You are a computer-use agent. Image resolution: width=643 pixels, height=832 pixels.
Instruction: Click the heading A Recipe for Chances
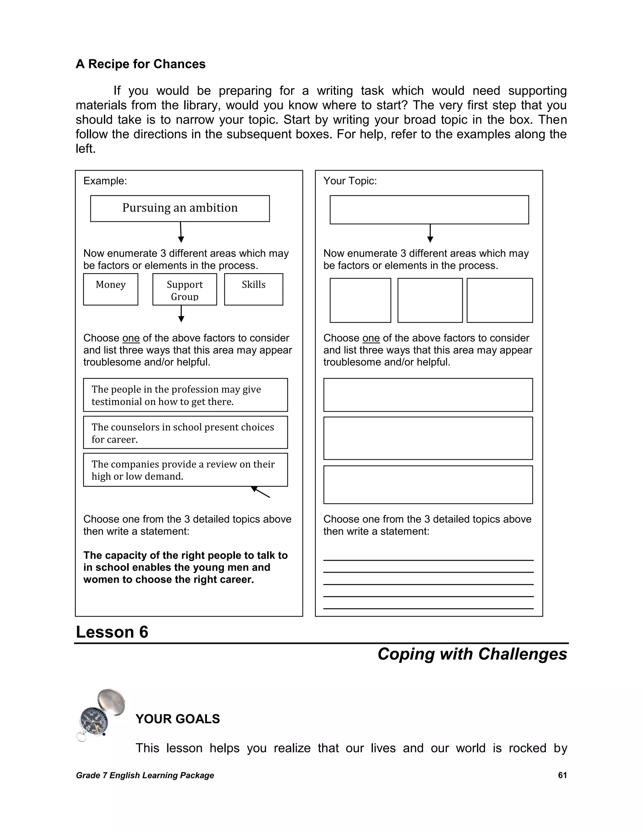pos(141,64)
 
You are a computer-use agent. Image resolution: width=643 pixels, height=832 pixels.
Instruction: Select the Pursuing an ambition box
pos(180,208)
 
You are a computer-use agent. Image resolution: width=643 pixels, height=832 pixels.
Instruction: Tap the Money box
pos(111,289)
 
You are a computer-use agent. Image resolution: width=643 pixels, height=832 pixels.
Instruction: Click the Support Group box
pos(185,289)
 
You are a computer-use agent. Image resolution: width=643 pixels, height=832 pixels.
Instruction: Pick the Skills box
pos(253,289)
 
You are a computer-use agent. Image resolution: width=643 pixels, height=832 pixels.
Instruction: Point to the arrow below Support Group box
pos(181,314)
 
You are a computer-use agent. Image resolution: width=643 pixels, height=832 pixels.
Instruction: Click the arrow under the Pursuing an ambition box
pos(181,232)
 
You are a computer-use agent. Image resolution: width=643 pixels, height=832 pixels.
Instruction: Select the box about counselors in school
pos(185,432)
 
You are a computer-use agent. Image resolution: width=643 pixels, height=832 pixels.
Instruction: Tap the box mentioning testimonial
pos(185,395)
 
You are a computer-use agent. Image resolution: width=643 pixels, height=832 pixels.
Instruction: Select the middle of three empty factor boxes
pos(430,300)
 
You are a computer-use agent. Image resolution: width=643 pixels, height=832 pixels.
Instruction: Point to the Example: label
pos(105,181)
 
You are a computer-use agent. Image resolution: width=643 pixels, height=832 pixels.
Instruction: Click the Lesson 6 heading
pos(112,632)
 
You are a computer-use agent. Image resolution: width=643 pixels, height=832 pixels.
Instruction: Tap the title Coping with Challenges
pos(472,654)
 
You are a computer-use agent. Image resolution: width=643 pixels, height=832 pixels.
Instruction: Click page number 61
pos(562,775)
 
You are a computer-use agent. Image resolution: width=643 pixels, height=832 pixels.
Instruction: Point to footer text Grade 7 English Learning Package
pos(145,775)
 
